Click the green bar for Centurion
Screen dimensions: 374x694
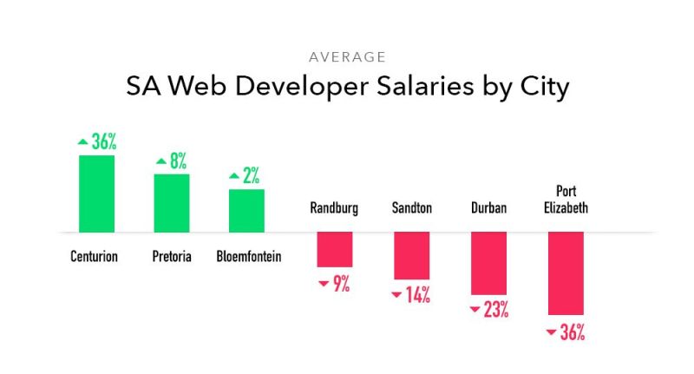click(96, 194)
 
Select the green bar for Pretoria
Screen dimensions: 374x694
click(172, 203)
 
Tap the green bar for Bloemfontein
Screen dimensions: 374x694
click(246, 211)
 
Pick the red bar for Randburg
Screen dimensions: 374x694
click(334, 249)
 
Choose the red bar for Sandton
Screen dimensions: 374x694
click(411, 255)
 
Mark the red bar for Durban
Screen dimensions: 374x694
click(488, 263)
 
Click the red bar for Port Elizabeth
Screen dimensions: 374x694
click(566, 272)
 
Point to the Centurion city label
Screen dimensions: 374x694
click(94, 257)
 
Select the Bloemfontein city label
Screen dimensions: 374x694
click(248, 257)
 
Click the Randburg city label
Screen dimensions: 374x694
click(334, 208)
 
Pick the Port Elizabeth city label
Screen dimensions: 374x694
click(566, 200)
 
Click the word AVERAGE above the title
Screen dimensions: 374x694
click(346, 57)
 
